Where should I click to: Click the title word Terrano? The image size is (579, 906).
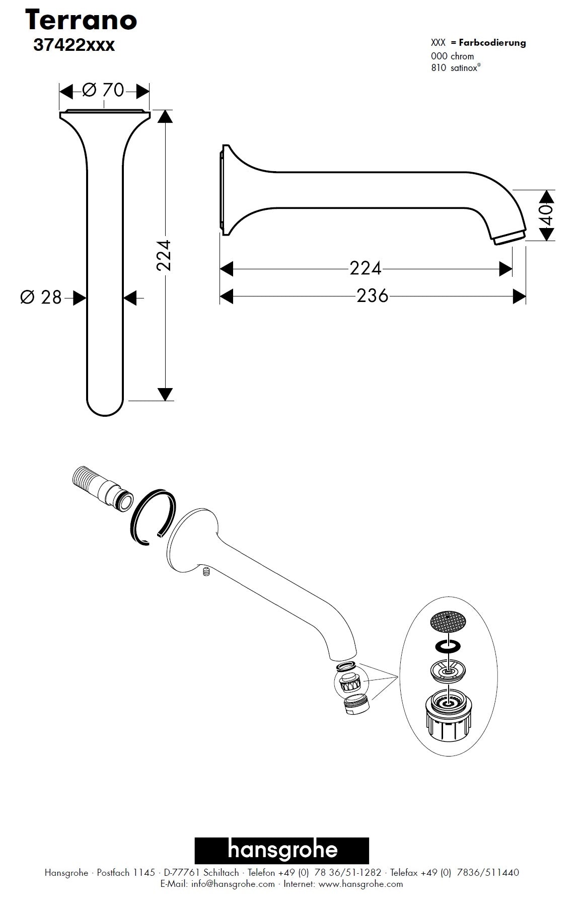81,21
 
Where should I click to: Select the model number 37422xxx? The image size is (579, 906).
74,45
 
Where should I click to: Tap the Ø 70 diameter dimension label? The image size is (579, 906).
103,90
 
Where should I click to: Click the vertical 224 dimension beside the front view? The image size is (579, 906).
164,256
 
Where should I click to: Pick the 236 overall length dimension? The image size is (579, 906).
373,295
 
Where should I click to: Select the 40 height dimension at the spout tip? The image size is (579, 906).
546,215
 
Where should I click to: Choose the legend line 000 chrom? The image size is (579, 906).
452,56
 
